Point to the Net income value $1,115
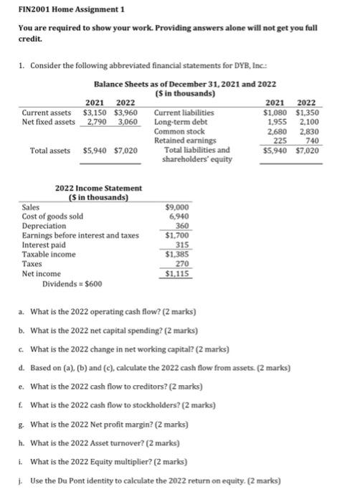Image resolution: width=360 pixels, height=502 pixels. (177, 273)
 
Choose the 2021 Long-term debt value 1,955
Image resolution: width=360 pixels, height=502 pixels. (275, 122)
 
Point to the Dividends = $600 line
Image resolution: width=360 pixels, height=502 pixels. (72, 283)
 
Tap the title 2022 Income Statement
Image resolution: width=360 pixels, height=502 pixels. (98, 188)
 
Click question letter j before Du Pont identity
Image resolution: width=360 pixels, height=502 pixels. (21, 480)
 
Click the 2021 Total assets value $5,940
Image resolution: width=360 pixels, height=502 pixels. (96, 151)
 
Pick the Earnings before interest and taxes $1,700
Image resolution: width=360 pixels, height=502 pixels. (177, 235)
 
